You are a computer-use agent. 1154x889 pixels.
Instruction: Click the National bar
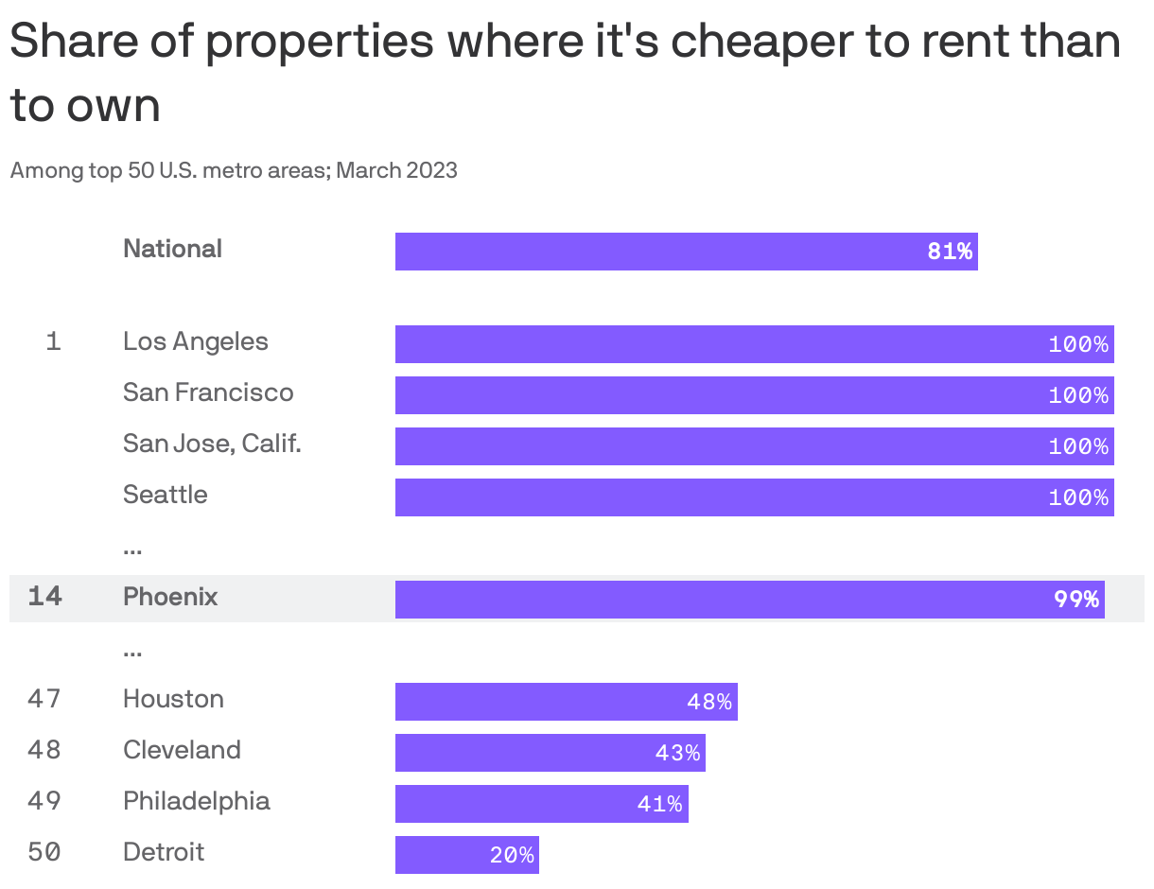tap(686, 252)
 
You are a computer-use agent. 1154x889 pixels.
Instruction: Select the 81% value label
tap(949, 252)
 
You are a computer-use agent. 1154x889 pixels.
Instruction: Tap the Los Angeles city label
tap(196, 341)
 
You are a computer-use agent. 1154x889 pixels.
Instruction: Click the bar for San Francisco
tap(754, 395)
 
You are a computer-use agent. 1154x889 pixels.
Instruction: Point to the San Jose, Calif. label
tap(212, 444)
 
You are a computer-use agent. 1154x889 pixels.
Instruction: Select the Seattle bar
tap(754, 497)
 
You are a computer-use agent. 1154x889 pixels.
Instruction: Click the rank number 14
tap(44, 597)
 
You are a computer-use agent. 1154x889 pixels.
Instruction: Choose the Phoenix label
tap(170, 597)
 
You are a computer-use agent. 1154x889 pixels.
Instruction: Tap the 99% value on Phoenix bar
tap(1076, 600)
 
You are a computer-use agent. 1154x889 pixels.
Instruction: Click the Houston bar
tap(566, 702)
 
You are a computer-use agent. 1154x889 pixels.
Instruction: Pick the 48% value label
tap(709, 702)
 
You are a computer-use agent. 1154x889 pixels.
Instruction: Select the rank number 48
tap(44, 750)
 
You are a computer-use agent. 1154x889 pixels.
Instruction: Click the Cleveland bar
tap(550, 753)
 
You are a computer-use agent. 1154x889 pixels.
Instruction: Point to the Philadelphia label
tap(197, 801)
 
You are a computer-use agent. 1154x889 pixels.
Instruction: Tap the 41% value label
tap(659, 804)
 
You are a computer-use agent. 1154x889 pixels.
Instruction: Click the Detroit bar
tap(466, 855)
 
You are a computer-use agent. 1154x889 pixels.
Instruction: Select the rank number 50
tap(44, 852)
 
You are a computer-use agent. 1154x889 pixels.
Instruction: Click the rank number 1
tap(53, 341)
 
